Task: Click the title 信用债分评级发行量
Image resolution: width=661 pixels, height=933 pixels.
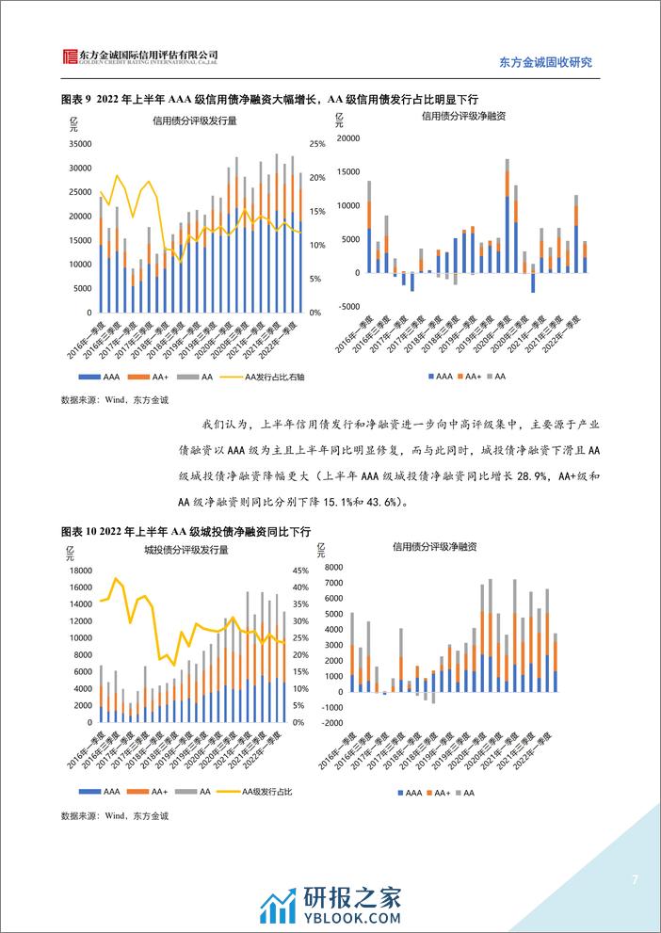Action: click(x=194, y=121)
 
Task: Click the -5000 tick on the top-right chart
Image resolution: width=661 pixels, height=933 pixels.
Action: click(x=348, y=307)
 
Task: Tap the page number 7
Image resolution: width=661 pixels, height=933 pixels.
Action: click(x=635, y=880)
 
